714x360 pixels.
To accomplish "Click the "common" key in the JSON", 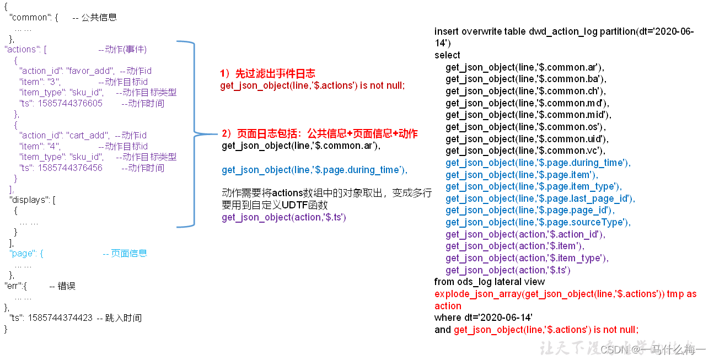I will [x=31, y=17].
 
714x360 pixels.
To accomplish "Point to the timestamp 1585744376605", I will [x=70, y=103].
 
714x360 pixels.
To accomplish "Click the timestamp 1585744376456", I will [x=70, y=168].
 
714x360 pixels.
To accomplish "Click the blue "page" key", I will [x=24, y=253].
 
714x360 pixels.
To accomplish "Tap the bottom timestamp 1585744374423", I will [x=60, y=318].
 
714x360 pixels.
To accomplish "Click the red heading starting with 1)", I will [x=267, y=74].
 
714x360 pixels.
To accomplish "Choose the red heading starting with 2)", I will [x=319, y=133].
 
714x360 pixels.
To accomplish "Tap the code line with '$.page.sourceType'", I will [x=538, y=222].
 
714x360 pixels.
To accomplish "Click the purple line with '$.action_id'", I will [x=525, y=234].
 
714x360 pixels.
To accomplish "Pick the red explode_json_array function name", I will [x=478, y=294].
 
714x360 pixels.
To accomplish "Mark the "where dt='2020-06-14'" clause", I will [x=484, y=318].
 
